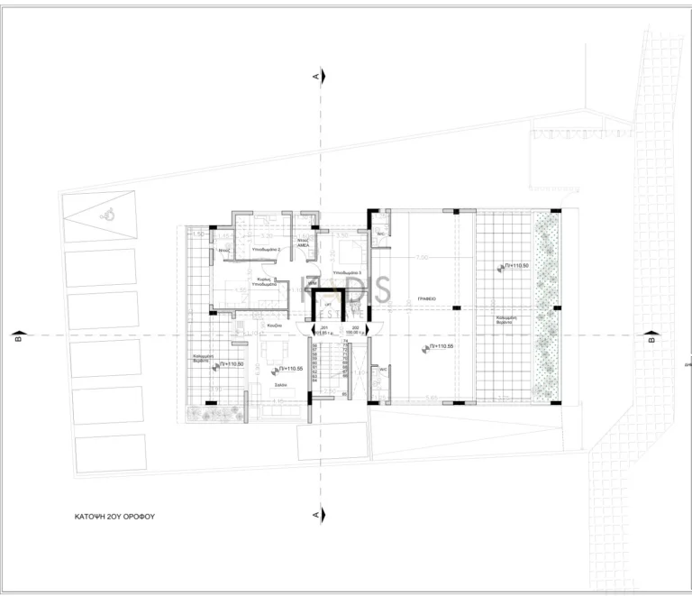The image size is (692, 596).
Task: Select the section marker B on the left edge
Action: point(16,340)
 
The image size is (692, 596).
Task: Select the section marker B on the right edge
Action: point(651,341)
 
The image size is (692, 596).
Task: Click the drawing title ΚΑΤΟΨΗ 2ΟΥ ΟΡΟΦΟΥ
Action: point(122,518)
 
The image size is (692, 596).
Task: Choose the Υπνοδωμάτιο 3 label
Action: point(347,271)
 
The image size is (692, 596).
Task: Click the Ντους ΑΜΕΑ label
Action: point(305,243)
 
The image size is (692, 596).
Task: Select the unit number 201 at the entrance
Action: point(326,328)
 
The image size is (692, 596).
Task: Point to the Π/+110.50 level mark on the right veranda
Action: point(515,267)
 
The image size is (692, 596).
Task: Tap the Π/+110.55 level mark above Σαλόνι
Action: point(292,369)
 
